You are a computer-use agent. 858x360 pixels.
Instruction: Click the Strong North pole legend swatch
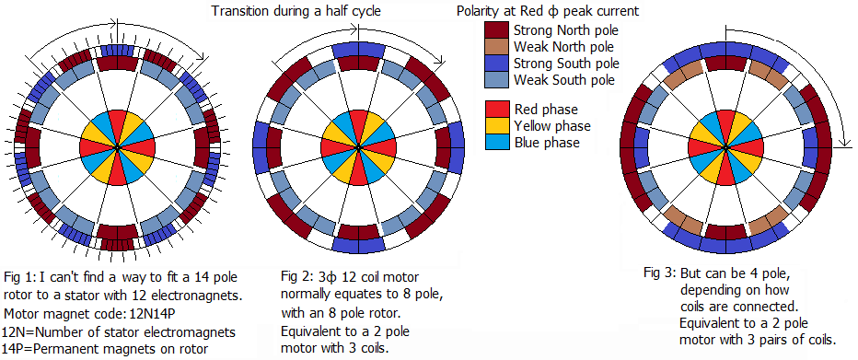pos(495,29)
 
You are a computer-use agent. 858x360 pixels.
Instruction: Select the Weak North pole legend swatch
pos(495,47)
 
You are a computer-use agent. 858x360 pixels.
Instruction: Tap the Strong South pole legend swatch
pos(495,64)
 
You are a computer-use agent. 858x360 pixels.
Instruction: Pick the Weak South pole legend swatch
pos(495,80)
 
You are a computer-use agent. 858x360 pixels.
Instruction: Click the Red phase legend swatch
pos(495,109)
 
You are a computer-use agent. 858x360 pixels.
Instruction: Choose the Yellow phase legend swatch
pos(495,125)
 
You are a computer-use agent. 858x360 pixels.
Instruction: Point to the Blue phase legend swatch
pos(495,142)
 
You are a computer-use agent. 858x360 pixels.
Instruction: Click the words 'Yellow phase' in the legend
pos(552,126)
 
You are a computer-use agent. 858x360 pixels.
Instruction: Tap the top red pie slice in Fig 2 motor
pos(358,123)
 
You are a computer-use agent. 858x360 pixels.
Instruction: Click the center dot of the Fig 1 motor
pos(117,147)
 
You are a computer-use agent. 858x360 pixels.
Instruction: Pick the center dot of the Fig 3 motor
pos(725,147)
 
